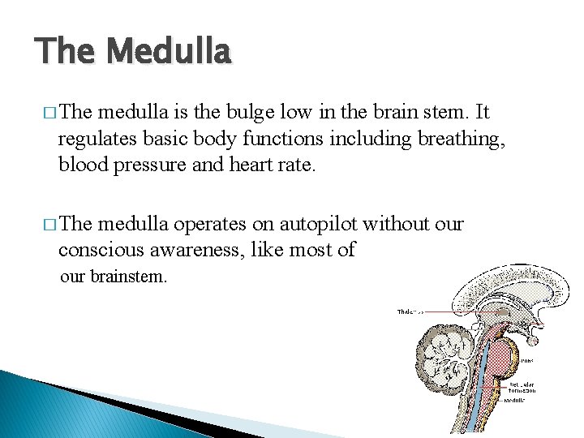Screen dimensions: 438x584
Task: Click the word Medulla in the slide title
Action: tap(169, 52)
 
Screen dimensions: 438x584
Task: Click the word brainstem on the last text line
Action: tap(129, 277)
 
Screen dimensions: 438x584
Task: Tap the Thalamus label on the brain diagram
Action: tap(410, 311)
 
